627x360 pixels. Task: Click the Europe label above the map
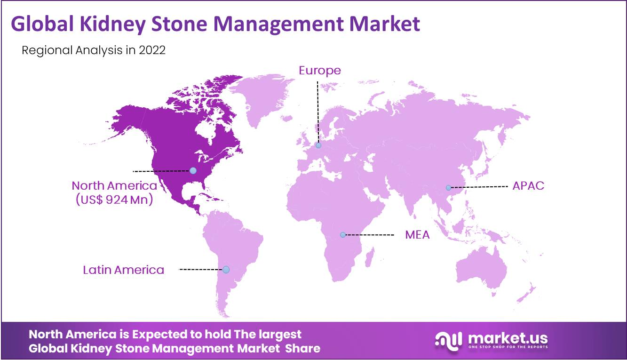(x=320, y=71)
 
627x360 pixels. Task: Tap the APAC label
(x=528, y=186)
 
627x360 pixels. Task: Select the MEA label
(x=417, y=235)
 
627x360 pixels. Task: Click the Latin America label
(x=123, y=270)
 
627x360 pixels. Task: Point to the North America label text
(x=114, y=185)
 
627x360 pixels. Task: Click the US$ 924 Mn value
(x=114, y=200)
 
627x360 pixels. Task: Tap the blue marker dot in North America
(x=193, y=170)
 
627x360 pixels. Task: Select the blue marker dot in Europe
(x=318, y=145)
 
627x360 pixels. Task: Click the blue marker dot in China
(x=448, y=188)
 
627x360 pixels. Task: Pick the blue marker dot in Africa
(x=343, y=235)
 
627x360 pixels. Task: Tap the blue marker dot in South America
(x=226, y=270)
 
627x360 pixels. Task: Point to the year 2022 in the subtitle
(x=152, y=50)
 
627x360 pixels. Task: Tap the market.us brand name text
(x=508, y=338)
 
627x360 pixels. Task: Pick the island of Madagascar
(x=370, y=257)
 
